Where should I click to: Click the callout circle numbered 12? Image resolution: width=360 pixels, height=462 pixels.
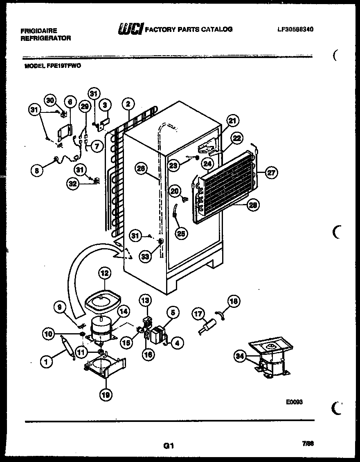coord(104,273)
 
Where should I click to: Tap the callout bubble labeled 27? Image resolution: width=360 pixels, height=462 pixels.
coord(271,173)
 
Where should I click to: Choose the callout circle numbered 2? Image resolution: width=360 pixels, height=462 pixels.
coord(128,104)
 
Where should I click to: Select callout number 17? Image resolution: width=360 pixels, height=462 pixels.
coord(198,314)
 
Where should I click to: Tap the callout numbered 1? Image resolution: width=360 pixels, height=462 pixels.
coord(47,361)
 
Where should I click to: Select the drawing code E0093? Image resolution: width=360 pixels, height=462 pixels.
coord(294,402)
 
